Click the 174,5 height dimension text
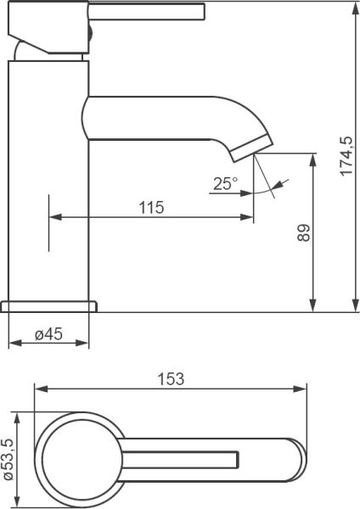tap(346, 156)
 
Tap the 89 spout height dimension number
tap(305, 232)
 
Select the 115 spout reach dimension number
tap(151, 208)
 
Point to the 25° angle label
tap(226, 184)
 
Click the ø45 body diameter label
tap(48, 334)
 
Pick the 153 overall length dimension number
tap(171, 379)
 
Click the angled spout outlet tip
tap(252, 148)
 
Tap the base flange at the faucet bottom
tap(48, 307)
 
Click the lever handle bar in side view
tap(146, 11)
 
